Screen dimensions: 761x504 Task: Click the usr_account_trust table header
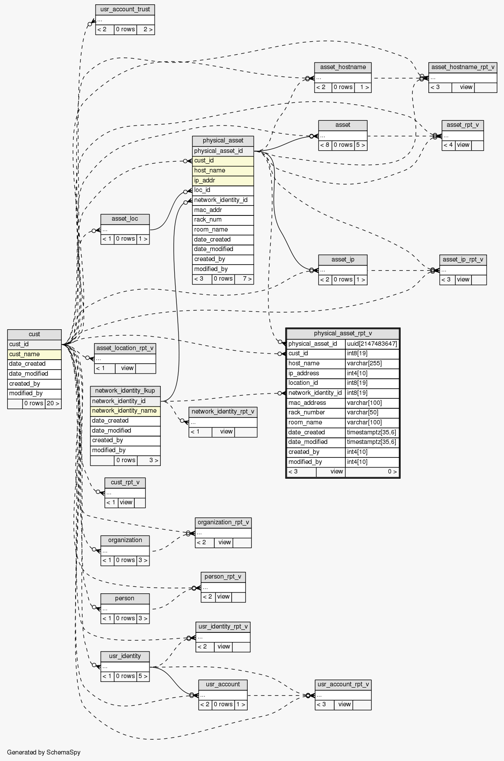(125, 9)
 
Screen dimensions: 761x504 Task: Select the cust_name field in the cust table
(34, 354)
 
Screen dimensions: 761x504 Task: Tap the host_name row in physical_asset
(223, 171)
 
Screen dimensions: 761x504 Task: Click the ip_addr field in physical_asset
(223, 180)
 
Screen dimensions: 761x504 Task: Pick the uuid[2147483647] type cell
(372, 344)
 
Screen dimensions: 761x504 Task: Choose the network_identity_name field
(125, 410)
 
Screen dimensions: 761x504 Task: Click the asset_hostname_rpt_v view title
(462, 67)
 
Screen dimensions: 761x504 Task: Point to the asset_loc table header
(125, 218)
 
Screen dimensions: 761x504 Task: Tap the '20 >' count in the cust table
(53, 404)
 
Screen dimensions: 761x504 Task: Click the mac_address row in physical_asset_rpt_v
(316, 403)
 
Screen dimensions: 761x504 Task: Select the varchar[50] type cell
(372, 413)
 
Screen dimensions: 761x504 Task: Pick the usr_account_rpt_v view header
(343, 685)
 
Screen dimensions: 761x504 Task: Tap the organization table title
(125, 540)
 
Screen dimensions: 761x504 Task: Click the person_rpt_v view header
(223, 577)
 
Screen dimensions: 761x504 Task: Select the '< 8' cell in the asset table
(325, 145)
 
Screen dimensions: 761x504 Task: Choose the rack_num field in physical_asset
(223, 220)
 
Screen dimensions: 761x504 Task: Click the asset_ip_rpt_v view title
(463, 260)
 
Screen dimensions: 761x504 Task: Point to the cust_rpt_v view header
(125, 483)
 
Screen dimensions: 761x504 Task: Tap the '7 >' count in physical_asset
(244, 279)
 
